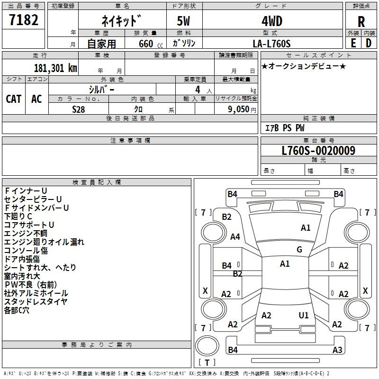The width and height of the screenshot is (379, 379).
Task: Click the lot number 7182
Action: [24, 20]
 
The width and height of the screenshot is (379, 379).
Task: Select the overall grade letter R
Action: [361, 22]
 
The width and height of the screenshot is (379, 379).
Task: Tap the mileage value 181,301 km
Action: [55, 68]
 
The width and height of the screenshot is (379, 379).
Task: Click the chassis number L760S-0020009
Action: [318, 150]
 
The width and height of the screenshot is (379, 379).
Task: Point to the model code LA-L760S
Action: [271, 44]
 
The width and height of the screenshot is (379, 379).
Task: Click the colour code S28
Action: [79, 109]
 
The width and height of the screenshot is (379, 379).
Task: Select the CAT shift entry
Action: [14, 99]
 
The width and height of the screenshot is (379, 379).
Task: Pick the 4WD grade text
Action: [272, 21]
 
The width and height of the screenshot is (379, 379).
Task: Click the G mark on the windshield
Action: [299, 250]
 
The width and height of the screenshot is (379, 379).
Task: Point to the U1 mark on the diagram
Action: [304, 315]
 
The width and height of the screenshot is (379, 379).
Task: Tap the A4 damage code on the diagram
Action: [235, 236]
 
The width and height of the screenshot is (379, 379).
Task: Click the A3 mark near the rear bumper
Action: [337, 350]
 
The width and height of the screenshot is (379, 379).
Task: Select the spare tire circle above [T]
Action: [207, 345]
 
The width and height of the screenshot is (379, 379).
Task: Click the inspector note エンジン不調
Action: [26, 234]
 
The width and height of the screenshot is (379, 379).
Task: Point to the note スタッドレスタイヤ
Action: [36, 302]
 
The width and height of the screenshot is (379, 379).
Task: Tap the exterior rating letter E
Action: [353, 43]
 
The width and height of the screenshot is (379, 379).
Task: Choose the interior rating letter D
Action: [369, 43]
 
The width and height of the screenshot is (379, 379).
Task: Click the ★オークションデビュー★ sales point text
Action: [304, 66]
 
